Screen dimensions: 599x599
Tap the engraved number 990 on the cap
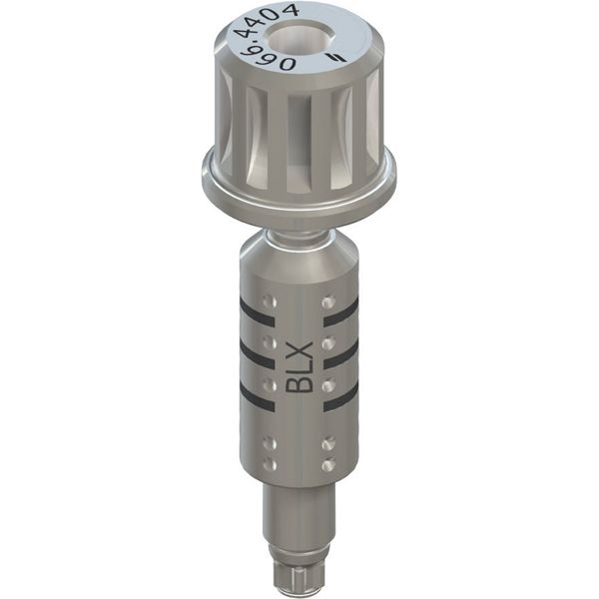click(x=268, y=58)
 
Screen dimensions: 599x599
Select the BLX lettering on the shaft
click(x=299, y=367)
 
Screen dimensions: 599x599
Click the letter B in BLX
click(x=299, y=383)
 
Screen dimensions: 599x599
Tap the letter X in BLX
click(x=299, y=350)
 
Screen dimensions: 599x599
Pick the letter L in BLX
click(x=299, y=366)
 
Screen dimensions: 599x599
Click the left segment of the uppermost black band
click(x=258, y=311)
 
